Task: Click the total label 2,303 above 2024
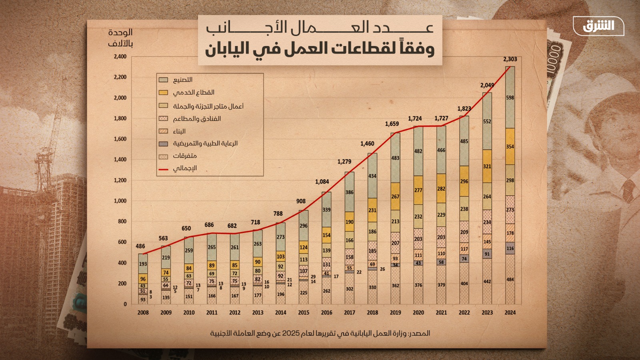(x=510, y=59)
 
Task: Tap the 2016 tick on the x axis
(x=326, y=312)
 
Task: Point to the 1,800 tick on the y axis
(x=120, y=118)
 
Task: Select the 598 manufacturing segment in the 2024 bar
(x=510, y=98)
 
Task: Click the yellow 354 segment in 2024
(x=510, y=146)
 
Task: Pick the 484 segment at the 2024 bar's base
(x=510, y=279)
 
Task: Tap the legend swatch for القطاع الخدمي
(x=163, y=92)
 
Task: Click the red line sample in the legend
(x=163, y=169)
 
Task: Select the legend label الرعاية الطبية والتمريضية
(x=205, y=143)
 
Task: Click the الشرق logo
(x=598, y=26)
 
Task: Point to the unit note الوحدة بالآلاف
(x=120, y=38)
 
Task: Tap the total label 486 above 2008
(x=140, y=246)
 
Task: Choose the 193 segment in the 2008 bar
(x=143, y=264)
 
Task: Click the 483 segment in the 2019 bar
(x=395, y=158)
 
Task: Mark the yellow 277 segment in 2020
(x=418, y=190)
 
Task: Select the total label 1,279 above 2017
(x=344, y=162)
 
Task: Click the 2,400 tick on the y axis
(x=120, y=56)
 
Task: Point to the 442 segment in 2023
(x=487, y=281)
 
